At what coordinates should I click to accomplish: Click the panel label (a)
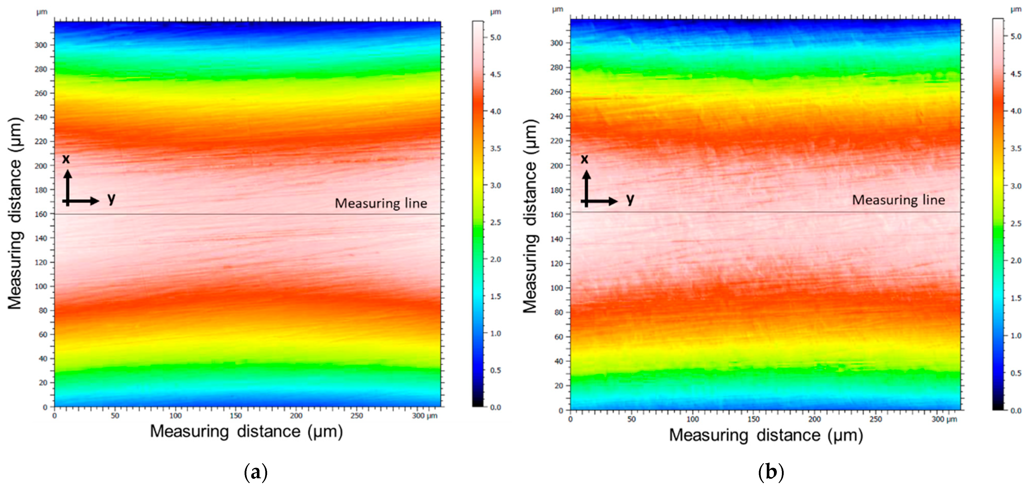[x=255, y=473]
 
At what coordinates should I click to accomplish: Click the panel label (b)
[x=771, y=473]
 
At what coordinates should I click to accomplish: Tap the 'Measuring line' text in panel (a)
[x=381, y=204]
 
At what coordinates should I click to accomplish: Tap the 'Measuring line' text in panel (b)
[x=898, y=200]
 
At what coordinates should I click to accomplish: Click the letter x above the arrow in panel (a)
[x=66, y=159]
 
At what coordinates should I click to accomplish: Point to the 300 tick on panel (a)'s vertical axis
[x=41, y=45]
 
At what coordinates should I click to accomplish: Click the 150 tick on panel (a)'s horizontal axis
[x=236, y=416]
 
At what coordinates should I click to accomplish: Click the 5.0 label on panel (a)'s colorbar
[x=495, y=37]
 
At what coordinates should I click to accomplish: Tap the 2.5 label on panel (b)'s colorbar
[x=1016, y=223]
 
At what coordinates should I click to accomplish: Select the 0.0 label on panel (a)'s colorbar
[x=495, y=407]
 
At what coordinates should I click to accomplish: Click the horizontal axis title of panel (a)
[x=246, y=432]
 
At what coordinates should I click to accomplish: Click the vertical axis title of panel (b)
[x=530, y=215]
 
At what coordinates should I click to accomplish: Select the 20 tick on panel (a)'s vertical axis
[x=43, y=382]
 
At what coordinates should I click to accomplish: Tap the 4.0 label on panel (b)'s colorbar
[x=1016, y=111]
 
